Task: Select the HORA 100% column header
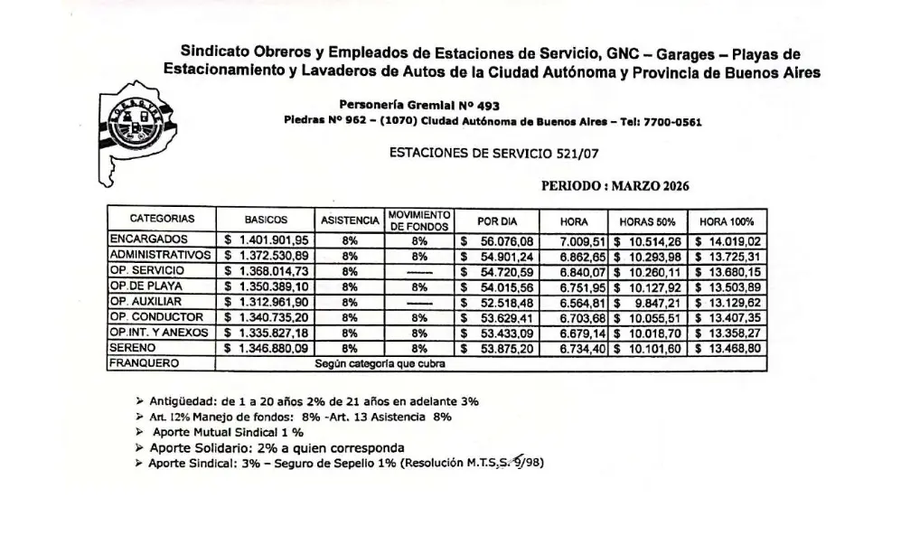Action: pyautogui.click(x=727, y=221)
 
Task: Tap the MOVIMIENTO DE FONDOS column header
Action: pyautogui.click(x=419, y=221)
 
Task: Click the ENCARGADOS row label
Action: pyautogui.click(x=148, y=239)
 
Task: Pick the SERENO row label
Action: pyautogui.click(x=133, y=348)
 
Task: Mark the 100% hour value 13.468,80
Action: pyautogui.click(x=730, y=348)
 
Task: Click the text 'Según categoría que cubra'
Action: pyautogui.click(x=380, y=363)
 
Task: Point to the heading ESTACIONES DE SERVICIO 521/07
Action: pyautogui.click(x=493, y=154)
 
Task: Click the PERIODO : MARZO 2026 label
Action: pyautogui.click(x=615, y=186)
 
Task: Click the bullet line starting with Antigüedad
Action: pyautogui.click(x=307, y=400)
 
